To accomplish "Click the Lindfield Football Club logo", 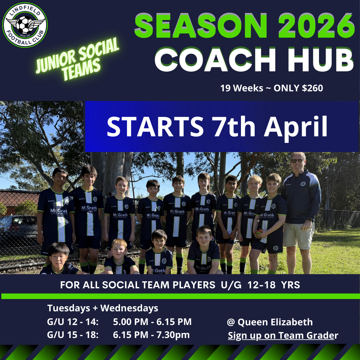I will [25, 25].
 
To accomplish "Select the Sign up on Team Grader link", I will [283, 335].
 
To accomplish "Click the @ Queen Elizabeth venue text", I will [270, 322].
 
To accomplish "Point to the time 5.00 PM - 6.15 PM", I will [152, 322].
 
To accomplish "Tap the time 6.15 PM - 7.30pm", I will [151, 335].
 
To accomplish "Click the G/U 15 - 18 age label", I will [73, 335].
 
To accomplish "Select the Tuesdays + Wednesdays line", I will [103, 308].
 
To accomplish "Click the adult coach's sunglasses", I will [297, 161].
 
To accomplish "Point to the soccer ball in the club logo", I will [25, 24].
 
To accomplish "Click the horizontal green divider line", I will [180, 296].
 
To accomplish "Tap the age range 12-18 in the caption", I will [266, 285].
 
